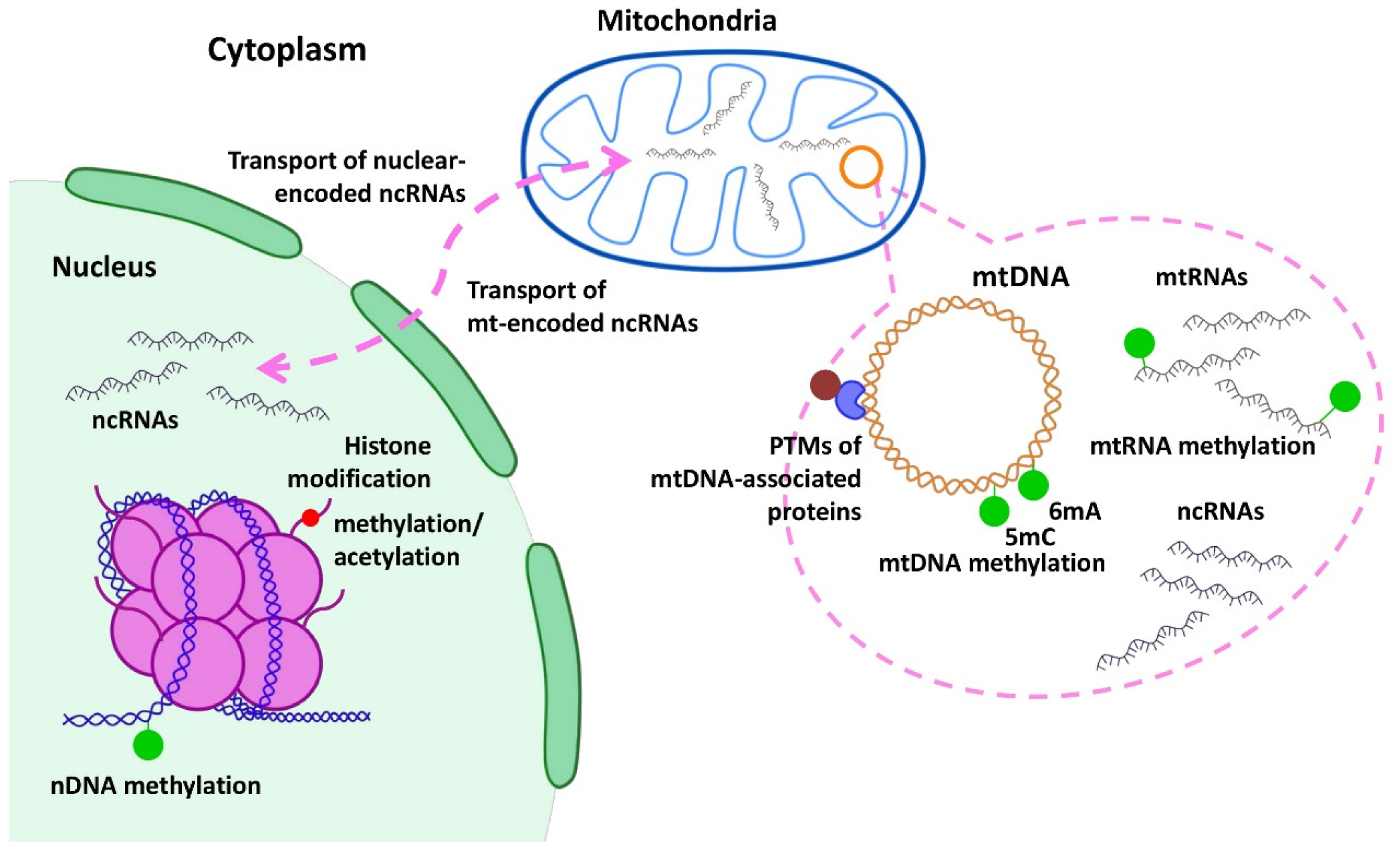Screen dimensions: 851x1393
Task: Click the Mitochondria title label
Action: point(686,21)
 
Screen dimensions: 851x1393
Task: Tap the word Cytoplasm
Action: point(287,50)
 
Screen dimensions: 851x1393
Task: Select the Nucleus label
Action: point(104,267)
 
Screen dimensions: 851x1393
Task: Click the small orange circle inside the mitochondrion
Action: point(861,166)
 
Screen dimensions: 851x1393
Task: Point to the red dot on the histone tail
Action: point(310,517)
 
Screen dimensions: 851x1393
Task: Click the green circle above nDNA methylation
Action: point(148,745)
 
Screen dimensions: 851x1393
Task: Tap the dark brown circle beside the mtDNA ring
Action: point(825,385)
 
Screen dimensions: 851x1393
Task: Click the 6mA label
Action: point(1074,511)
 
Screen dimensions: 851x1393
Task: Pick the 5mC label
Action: point(1029,537)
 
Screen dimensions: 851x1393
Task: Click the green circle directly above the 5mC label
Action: point(994,511)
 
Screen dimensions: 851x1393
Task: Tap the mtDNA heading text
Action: point(1020,277)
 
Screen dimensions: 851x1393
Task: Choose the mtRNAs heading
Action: point(1201,277)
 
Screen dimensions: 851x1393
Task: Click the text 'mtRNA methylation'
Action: point(1202,446)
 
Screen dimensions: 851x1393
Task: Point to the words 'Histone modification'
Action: point(360,463)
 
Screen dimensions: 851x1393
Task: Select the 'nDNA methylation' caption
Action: point(156,785)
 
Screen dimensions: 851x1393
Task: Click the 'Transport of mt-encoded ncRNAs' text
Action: point(582,307)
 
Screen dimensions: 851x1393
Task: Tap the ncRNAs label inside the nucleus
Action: point(135,420)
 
